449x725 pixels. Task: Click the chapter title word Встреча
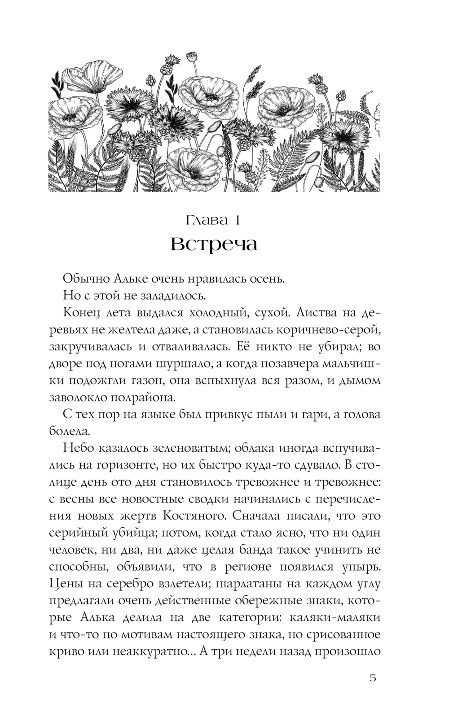[x=214, y=245]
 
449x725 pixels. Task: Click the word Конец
[x=84, y=313]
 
